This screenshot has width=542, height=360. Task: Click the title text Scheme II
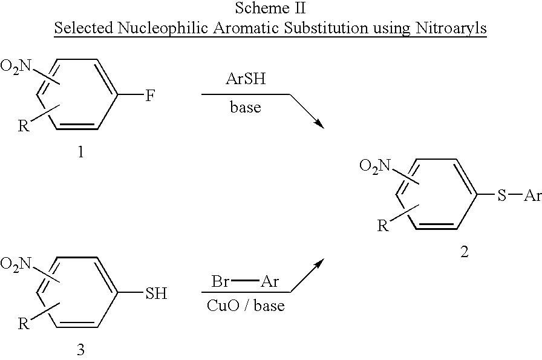pos(270,8)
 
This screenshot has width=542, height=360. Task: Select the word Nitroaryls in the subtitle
pos(451,28)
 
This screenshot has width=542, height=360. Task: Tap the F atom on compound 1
pos(149,96)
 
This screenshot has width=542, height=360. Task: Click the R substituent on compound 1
pos(23,126)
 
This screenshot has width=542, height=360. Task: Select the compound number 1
pos(80,151)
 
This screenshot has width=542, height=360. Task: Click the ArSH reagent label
pos(246,79)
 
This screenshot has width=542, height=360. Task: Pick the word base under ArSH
pos(246,107)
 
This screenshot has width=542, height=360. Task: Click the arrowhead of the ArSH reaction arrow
pos(320,125)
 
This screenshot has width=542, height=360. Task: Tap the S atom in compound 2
pos(501,195)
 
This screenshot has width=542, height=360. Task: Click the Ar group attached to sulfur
pos(532,195)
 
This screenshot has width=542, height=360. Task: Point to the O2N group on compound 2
pos(374,165)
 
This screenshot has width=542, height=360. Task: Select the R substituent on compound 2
pos(382,226)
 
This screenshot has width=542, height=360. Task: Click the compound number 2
pos(464,252)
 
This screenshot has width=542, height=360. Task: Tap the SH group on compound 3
pos(156,293)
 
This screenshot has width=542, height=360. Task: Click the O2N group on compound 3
pos(16,264)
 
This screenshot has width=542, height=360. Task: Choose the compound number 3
pos(80,350)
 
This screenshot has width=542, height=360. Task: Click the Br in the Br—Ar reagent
pos(220,281)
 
